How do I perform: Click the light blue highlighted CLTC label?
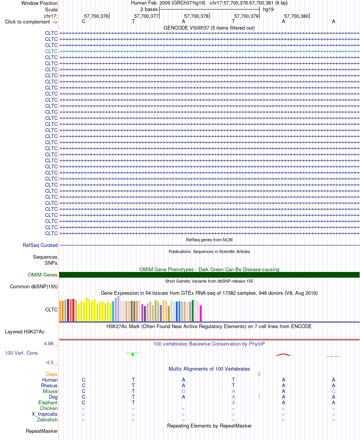51,51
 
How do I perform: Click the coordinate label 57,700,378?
196,16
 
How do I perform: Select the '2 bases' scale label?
149,9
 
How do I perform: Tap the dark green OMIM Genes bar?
209,275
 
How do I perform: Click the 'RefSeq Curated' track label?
40,245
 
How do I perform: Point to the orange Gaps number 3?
259,374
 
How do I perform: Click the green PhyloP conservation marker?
133,354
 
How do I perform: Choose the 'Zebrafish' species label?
47,420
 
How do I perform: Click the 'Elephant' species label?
48,402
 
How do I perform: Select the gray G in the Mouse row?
183,391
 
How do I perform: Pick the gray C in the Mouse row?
333,391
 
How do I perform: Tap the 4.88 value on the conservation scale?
49,344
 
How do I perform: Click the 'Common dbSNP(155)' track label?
34,286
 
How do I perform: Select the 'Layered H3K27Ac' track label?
25,332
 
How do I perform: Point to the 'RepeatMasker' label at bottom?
42,431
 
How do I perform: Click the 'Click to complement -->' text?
31,22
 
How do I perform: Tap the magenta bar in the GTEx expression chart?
200,313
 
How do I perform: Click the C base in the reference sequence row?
83,21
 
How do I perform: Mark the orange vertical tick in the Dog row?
259,396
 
